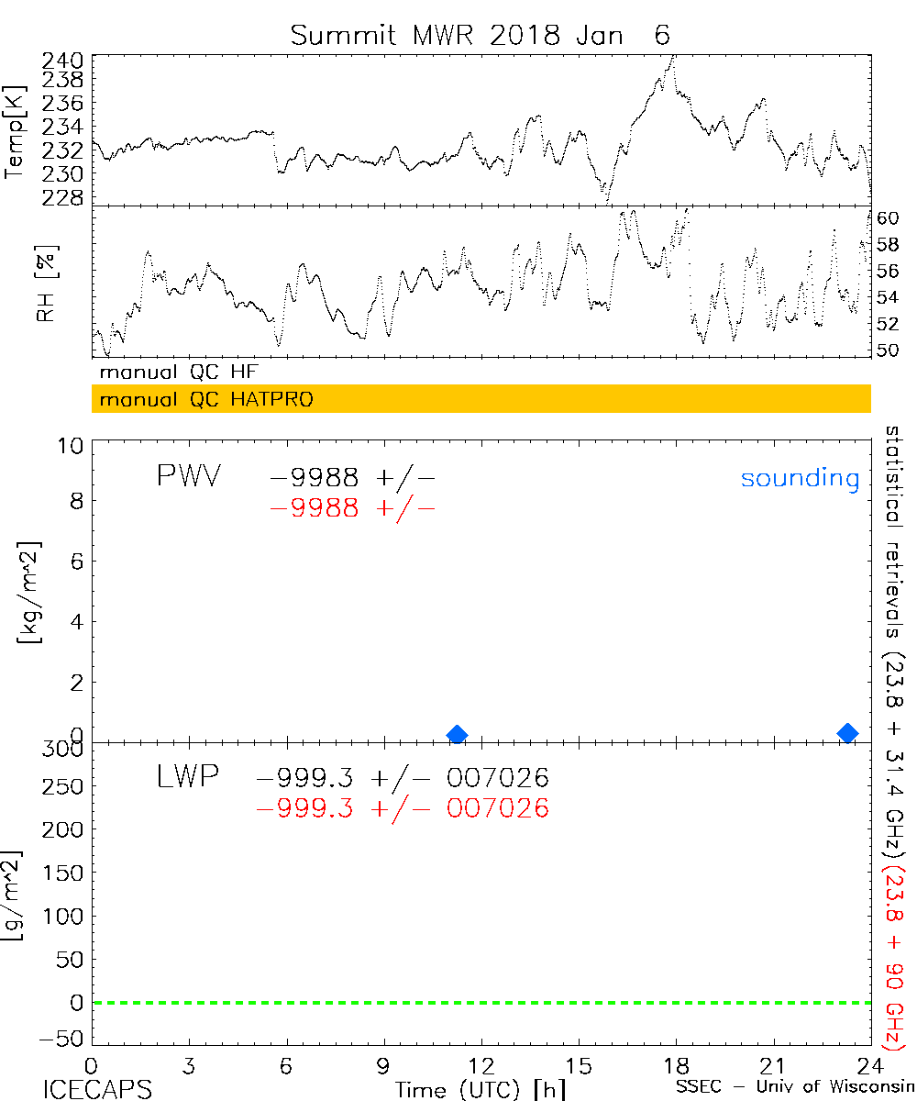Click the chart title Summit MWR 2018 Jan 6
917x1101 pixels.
481,35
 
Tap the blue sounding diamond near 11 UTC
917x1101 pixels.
457,734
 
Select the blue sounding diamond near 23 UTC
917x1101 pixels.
848,732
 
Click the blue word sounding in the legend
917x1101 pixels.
800,478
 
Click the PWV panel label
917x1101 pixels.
188,477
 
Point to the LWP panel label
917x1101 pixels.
188,778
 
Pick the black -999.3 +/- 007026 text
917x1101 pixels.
403,779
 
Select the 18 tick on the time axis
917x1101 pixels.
676,1065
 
